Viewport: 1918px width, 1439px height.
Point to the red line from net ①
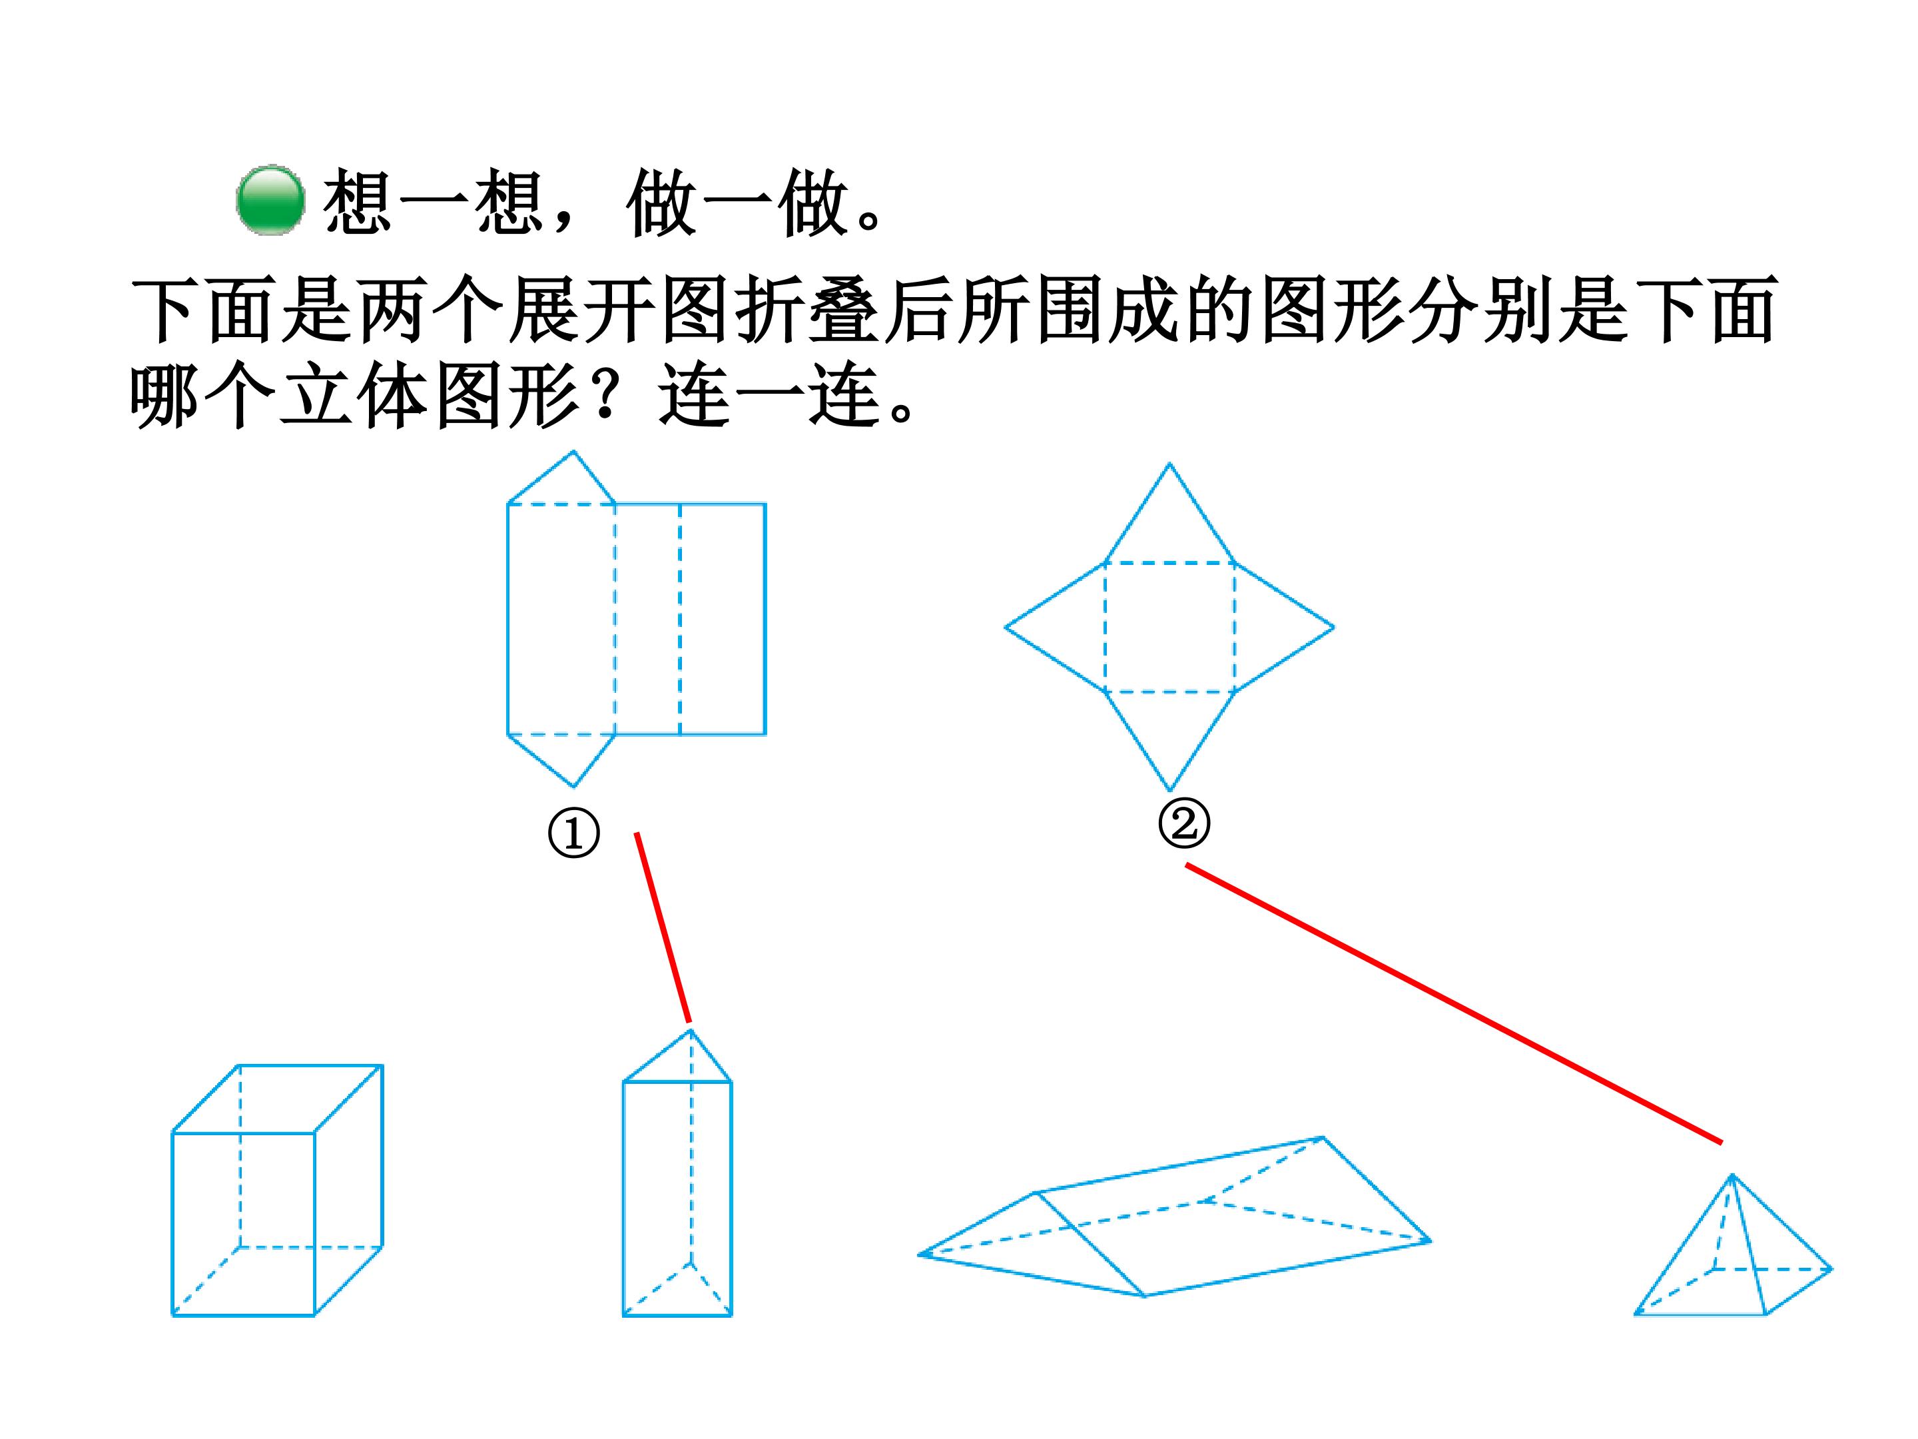tap(663, 927)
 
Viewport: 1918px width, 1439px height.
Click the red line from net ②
tap(1453, 1003)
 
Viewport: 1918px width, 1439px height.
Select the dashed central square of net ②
tap(1169, 627)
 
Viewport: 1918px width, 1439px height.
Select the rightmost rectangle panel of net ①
tap(723, 620)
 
